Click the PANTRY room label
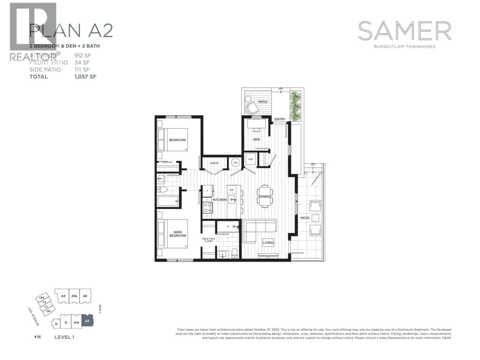[214, 163]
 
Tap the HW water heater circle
[235, 163]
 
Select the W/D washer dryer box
[250, 159]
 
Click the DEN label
[256, 139]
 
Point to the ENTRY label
[280, 119]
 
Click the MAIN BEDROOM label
[178, 234]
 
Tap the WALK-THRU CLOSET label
[208, 240]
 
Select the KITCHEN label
[220, 199]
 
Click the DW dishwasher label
[232, 190]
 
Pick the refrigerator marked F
[207, 190]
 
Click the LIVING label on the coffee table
[268, 243]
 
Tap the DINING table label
[265, 196]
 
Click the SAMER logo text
[405, 31]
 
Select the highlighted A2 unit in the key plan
[87, 321]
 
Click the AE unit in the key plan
[85, 296]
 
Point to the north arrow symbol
[35, 337]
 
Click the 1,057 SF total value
[85, 76]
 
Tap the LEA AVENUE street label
[34, 316]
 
